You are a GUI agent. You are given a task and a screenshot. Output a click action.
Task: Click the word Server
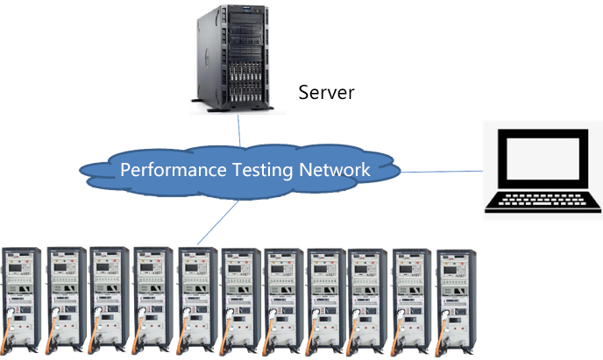tap(326, 92)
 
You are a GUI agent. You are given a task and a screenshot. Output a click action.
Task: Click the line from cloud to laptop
tap(443, 172)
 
